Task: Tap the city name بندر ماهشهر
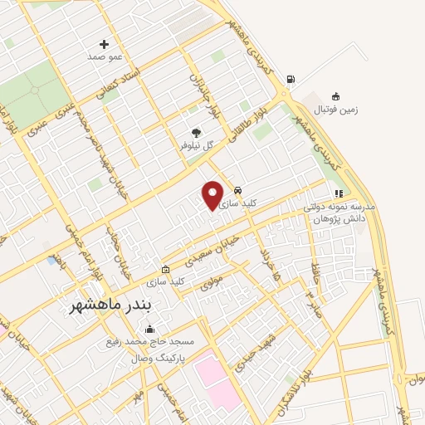[110, 305]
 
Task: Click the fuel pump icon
[290, 80]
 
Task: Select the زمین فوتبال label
[335, 110]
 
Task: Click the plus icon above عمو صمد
[104, 44]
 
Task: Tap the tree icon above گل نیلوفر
[197, 131]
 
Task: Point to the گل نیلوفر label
[198, 144]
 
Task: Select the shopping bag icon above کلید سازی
[165, 270]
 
